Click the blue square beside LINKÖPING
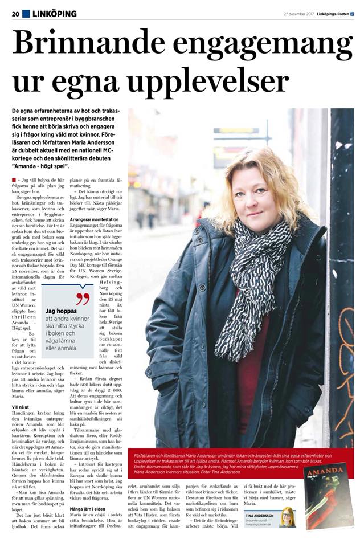tap(26, 14)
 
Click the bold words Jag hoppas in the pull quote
tap(59, 311)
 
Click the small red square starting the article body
tap(14, 179)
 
